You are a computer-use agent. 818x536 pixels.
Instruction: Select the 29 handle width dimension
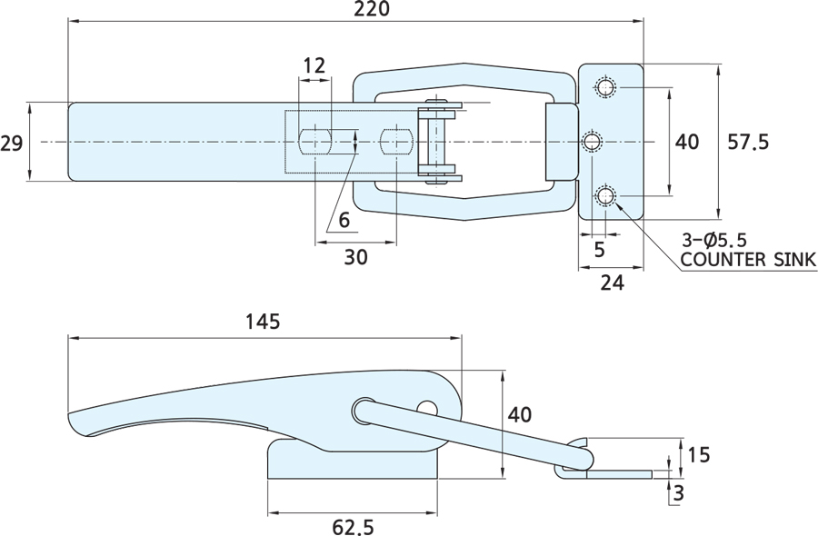tap(12, 143)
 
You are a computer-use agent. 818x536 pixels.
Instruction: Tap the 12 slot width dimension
tap(314, 65)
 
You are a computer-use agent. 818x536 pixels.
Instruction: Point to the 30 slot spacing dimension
tap(355, 257)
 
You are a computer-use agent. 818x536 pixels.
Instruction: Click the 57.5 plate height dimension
tap(749, 142)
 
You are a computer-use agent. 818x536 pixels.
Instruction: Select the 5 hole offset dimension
tap(599, 249)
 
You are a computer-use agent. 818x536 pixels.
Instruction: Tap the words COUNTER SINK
tap(737, 260)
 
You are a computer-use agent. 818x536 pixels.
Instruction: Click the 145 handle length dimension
tap(263, 322)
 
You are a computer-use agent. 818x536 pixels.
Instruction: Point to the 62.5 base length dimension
tap(350, 525)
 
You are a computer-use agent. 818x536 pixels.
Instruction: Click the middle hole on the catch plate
tap(593, 141)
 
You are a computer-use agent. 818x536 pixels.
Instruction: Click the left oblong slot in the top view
tap(314, 142)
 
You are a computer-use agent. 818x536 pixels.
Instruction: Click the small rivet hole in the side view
tap(424, 405)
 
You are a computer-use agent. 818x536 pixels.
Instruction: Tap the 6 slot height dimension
tap(344, 220)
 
